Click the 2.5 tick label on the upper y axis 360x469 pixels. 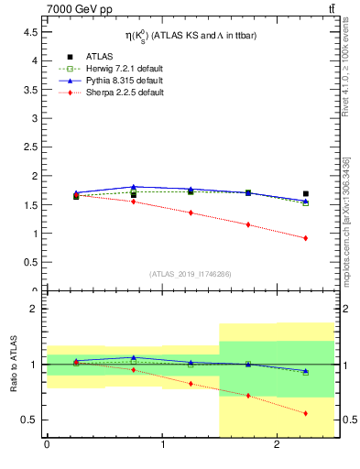coord(27,147)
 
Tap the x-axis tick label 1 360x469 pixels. coord(162,448)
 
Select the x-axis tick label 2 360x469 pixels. coord(278,448)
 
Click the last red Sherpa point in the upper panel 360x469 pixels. coord(305,238)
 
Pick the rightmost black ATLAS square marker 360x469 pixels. coord(305,194)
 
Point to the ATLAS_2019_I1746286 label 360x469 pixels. coord(190,274)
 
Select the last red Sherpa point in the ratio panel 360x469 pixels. coord(305,413)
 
